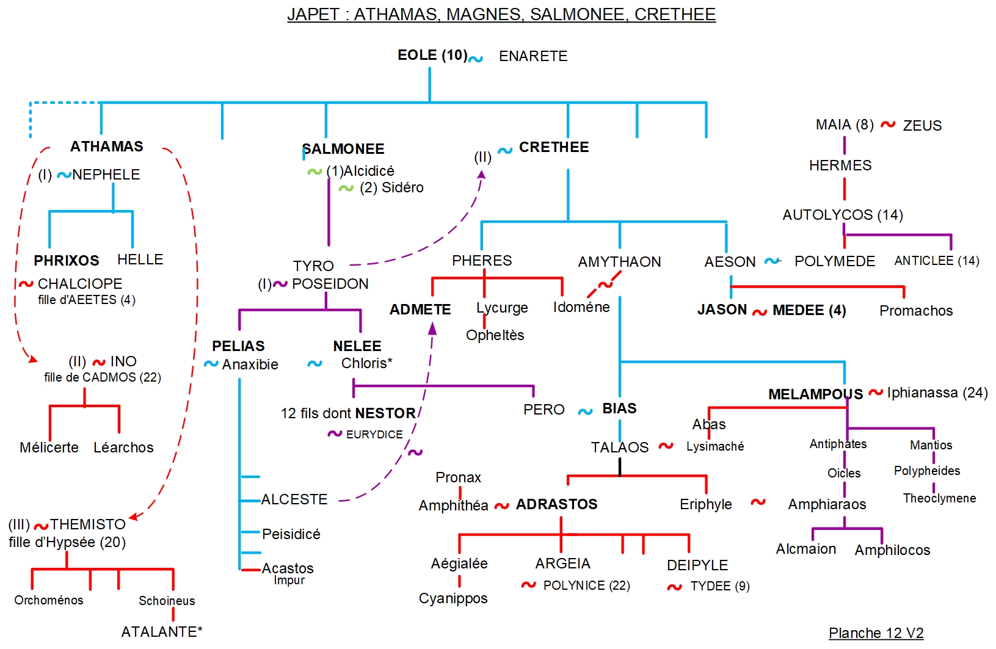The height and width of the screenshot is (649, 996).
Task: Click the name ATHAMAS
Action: point(107,147)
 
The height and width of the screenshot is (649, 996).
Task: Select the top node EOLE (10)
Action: point(432,56)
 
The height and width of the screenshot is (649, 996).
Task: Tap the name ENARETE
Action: point(533,56)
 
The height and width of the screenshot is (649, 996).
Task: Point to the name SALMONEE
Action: point(344,149)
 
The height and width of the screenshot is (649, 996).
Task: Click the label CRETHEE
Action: point(554,147)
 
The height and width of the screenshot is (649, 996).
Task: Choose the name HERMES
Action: point(840,165)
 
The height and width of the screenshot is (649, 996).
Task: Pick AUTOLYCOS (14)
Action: point(843,215)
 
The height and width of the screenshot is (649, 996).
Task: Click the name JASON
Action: point(722,310)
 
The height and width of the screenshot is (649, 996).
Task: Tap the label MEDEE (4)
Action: point(809,310)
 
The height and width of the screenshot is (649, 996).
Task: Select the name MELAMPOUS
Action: point(815,394)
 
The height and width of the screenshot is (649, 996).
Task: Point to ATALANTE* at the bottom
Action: point(162,632)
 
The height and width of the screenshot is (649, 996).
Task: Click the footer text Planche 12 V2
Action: point(876,633)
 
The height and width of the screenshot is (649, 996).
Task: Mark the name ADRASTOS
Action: point(556,504)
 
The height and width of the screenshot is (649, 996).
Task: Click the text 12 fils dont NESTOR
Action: point(348,413)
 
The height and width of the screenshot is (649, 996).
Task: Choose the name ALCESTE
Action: point(294,499)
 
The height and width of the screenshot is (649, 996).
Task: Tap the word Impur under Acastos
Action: point(289,580)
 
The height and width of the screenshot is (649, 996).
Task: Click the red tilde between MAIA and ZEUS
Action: point(888,125)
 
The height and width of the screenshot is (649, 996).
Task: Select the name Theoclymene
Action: point(939,498)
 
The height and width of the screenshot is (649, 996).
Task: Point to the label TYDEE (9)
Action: point(720,586)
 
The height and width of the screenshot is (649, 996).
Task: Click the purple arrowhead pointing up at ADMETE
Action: point(432,330)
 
